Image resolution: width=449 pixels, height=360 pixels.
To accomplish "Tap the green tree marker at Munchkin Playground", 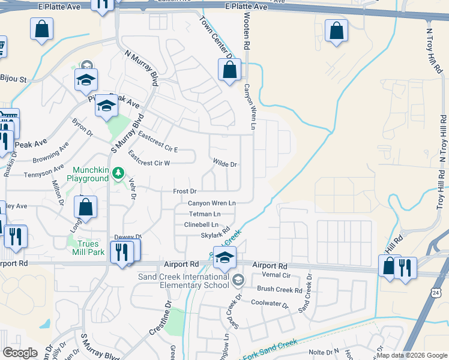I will (119, 174).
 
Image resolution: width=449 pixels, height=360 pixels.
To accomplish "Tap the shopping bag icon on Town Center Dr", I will (230, 71).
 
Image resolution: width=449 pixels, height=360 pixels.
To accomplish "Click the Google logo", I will (20, 353).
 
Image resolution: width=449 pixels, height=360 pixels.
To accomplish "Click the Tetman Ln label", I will (205, 214).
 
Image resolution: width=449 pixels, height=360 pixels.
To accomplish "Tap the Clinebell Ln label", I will (200, 224).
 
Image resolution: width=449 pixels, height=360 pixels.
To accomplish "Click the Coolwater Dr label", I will (270, 304).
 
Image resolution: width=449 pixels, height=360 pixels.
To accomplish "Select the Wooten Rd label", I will (246, 33).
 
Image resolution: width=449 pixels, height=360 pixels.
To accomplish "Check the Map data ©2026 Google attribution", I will (411, 355).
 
